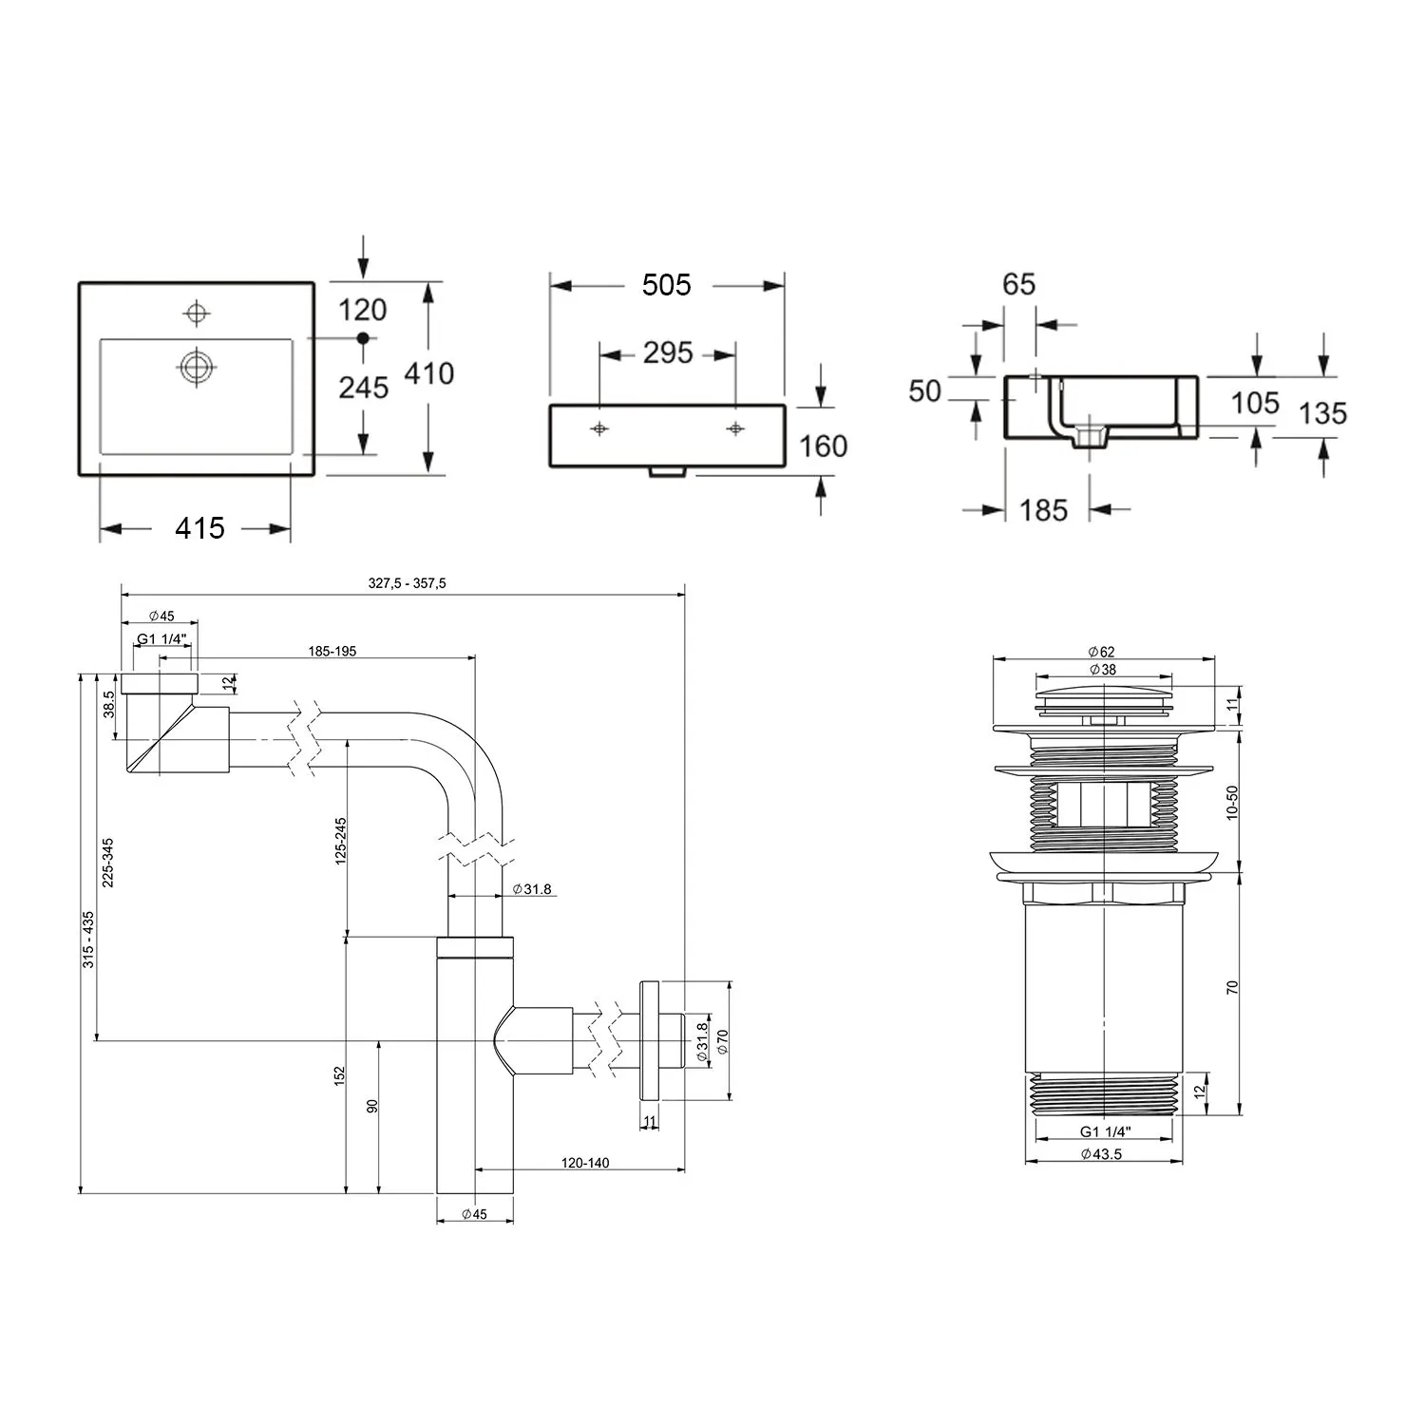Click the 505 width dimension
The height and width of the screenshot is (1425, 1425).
click(x=666, y=284)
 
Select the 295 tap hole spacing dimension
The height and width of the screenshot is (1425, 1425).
click(x=668, y=352)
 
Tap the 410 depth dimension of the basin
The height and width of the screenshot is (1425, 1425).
click(x=429, y=373)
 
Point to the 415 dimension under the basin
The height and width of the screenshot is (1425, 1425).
click(x=199, y=528)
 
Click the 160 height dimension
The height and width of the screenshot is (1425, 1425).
click(x=823, y=446)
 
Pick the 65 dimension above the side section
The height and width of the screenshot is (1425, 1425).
click(x=1018, y=284)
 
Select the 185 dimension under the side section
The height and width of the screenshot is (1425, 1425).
click(x=1044, y=510)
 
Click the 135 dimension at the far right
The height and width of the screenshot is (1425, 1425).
click(x=1323, y=413)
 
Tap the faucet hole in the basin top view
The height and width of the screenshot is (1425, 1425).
click(x=197, y=313)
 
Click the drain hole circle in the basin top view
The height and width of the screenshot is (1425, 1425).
click(x=197, y=366)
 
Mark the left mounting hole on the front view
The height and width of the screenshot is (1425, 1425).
click(x=599, y=429)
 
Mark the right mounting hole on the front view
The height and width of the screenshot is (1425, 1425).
click(x=735, y=429)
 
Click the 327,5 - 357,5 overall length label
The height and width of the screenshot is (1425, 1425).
click(x=407, y=583)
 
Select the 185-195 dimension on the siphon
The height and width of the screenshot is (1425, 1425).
click(x=332, y=651)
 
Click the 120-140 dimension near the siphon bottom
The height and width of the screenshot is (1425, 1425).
click(x=585, y=1163)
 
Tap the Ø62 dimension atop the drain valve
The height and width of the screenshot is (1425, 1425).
click(x=1102, y=652)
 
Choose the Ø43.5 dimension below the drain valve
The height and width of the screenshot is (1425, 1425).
click(x=1102, y=1154)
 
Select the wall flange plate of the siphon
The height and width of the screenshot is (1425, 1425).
click(x=650, y=1040)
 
